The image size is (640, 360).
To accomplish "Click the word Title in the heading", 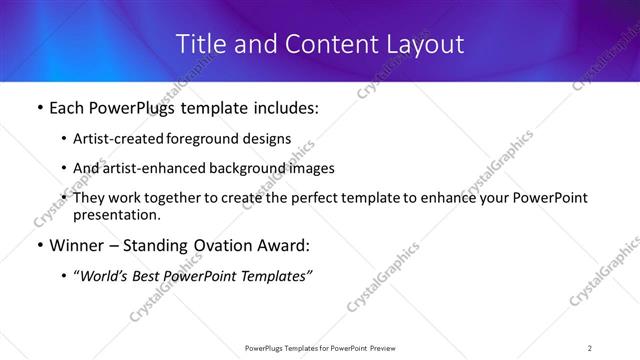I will [x=200, y=44].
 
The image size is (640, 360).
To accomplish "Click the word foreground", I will [x=205, y=139].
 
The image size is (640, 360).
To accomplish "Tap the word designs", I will [x=267, y=139].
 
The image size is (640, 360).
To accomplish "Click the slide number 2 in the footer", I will [x=590, y=347].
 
